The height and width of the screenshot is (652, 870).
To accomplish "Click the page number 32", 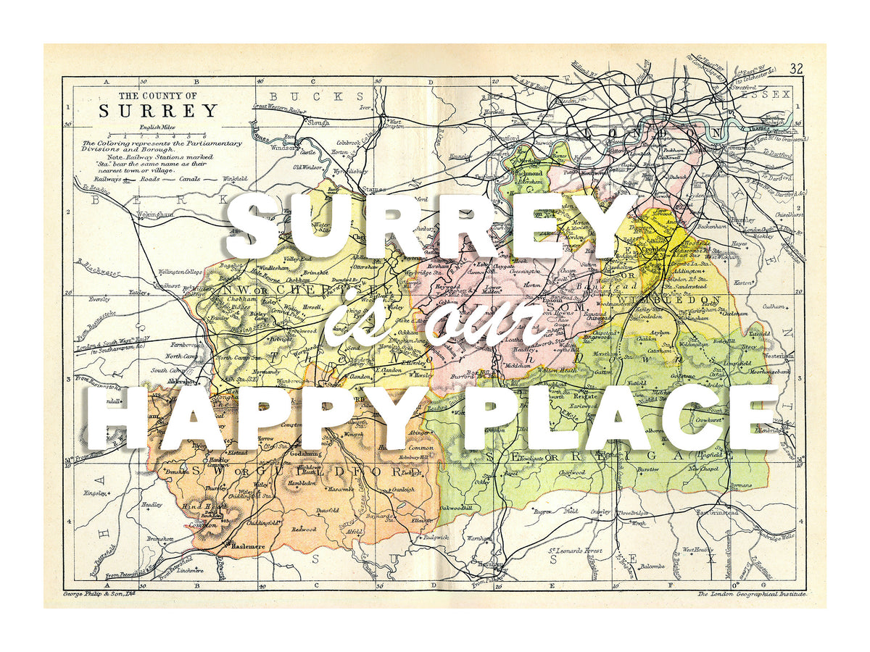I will pyautogui.click(x=797, y=69).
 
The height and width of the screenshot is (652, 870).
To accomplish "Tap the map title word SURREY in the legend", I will pyautogui.click(x=158, y=111).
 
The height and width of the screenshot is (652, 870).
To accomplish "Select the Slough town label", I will pyautogui.click(x=317, y=122).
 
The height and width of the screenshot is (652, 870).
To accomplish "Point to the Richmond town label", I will pyautogui.click(x=528, y=174).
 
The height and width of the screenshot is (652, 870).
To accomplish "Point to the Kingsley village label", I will pyautogui.click(x=96, y=493).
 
